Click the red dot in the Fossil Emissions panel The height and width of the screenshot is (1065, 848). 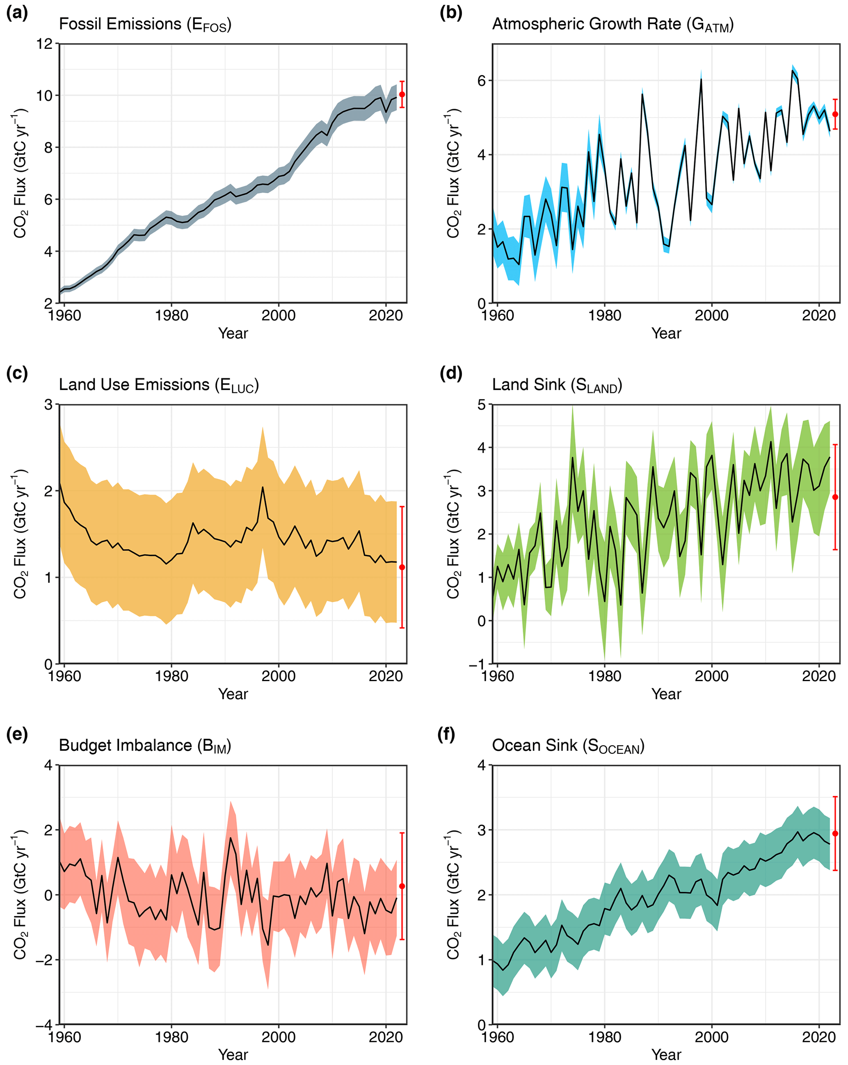tap(402, 94)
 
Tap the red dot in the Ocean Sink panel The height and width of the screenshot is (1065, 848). tap(835, 833)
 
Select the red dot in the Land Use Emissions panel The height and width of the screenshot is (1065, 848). tap(402, 567)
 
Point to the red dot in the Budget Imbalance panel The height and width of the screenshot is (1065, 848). tap(402, 886)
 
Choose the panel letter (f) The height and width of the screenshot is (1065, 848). tap(446, 734)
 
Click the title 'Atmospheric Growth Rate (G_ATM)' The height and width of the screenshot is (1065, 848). tap(613, 25)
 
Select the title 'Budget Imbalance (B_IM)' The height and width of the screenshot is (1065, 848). tap(145, 746)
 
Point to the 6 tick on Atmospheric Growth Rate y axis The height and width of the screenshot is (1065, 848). tap(482, 80)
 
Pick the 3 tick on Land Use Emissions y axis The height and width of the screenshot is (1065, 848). tap(48, 405)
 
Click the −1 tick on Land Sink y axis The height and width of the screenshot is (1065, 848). tap(478, 664)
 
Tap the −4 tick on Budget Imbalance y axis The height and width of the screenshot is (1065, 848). tap(44, 1025)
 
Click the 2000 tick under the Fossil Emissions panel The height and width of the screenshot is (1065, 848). tap(279, 315)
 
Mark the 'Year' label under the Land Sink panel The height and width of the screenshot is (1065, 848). tap(666, 694)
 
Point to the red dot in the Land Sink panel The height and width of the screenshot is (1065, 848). tap(835, 497)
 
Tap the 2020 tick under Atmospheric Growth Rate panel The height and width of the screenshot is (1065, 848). tap(819, 315)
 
